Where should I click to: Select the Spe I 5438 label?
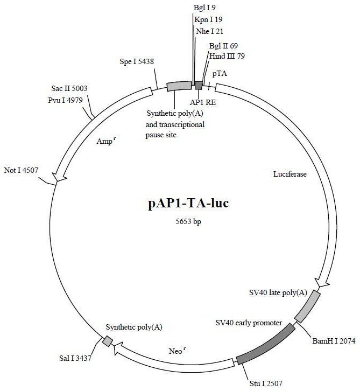coord(137,61)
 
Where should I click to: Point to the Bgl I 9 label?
coord(204,8)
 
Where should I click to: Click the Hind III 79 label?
coord(227,55)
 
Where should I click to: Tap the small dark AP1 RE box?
coord(199,85)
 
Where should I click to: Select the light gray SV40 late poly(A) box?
coord(308,306)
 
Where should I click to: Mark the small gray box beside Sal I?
coord(108,341)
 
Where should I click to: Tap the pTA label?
coord(220,72)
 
